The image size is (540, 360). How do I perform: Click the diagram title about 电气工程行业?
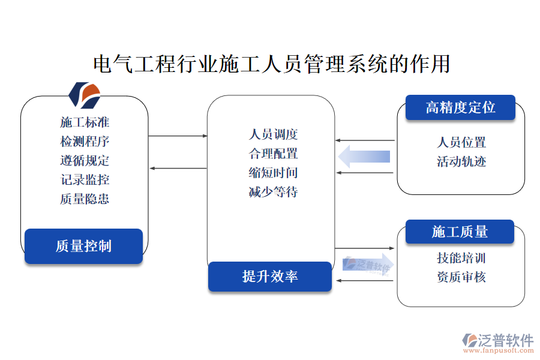[x=272, y=63]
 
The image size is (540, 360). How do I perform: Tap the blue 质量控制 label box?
[x=83, y=246]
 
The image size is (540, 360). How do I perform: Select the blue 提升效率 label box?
[x=270, y=277]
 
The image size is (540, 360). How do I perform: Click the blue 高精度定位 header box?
[x=460, y=107]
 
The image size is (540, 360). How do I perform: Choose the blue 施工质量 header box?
[x=460, y=232]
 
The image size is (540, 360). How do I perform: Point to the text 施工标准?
[x=85, y=122]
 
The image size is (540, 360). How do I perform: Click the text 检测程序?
[x=85, y=142]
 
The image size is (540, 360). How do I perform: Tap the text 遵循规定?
[x=85, y=161]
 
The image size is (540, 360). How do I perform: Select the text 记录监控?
[x=85, y=180]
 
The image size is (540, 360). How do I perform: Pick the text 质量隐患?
[x=85, y=199]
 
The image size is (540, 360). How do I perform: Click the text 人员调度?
[x=273, y=134]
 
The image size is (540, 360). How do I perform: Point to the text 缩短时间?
[x=273, y=173]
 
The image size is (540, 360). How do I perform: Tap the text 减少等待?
[x=273, y=192]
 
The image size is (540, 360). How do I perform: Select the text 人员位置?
[x=461, y=142]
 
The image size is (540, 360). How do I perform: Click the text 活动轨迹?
[x=461, y=161]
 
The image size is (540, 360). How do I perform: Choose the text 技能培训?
[x=461, y=258]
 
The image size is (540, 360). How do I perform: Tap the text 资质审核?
[x=461, y=277]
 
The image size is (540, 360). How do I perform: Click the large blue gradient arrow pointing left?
[x=364, y=157]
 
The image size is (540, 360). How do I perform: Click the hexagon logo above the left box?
[x=84, y=94]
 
